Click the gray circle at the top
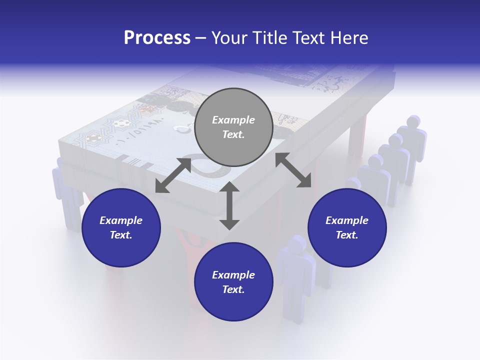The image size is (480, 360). pos(233,127)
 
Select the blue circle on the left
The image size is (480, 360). pos(121,227)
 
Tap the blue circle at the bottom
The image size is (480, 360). pos(233,282)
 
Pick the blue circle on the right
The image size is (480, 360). pos(347,227)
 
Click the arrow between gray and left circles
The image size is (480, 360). pos(173,175)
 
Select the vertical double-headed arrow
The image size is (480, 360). pos(229,205)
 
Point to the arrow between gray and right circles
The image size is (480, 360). pos(293,170)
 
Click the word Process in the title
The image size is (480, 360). pos(157,37)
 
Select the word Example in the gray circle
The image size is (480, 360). pos(233,120)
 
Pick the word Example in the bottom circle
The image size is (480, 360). pos(233,275)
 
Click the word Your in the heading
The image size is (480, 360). pos(228,37)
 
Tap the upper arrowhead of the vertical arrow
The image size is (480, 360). pos(229,186)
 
